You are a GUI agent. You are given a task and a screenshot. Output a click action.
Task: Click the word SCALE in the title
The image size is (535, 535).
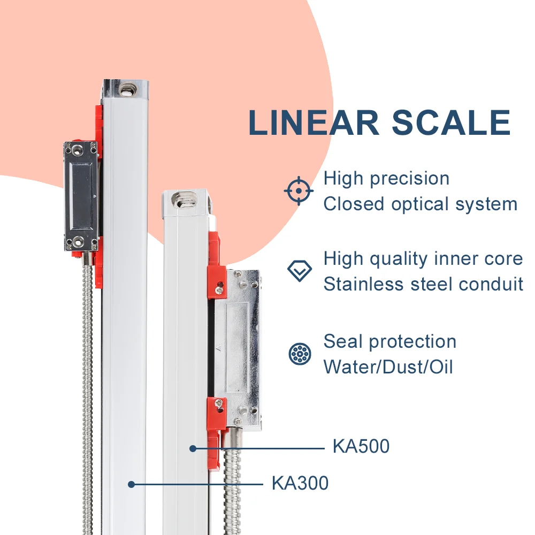451,123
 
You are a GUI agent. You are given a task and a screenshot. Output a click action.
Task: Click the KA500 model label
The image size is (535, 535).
361,446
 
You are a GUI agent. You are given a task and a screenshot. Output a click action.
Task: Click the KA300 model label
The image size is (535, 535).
300,484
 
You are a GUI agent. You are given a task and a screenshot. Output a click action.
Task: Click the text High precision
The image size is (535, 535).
386,179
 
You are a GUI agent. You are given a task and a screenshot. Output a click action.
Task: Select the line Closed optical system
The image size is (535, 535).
421,204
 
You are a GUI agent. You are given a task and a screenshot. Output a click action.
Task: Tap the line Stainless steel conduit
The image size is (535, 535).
423,284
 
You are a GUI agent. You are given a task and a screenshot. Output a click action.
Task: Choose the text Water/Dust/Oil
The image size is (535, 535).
388,367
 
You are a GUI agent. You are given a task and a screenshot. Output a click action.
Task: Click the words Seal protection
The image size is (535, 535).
390,341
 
